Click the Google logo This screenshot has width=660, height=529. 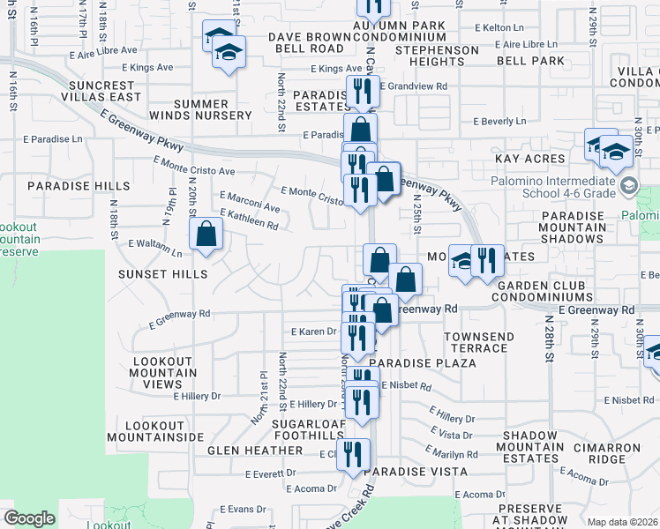[29, 518]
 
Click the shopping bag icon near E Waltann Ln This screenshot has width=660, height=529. [206, 235]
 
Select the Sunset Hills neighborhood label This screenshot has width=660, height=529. [163, 274]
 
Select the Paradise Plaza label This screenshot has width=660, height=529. [410, 362]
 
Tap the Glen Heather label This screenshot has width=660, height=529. [255, 451]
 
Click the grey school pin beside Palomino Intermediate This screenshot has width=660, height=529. [627, 186]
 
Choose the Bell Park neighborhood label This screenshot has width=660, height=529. [529, 61]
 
